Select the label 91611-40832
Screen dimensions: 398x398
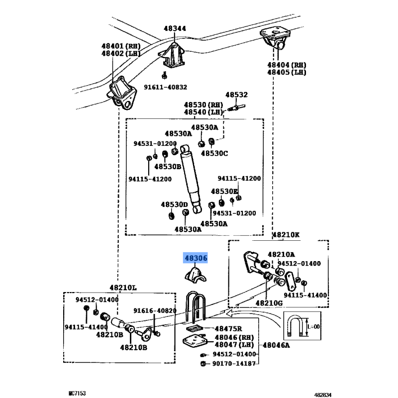click(x=166, y=87)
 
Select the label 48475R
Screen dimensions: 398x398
click(x=228, y=329)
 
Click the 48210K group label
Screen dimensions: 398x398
click(x=286, y=234)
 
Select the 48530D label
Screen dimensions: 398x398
click(x=174, y=204)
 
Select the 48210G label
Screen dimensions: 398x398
click(x=269, y=302)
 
